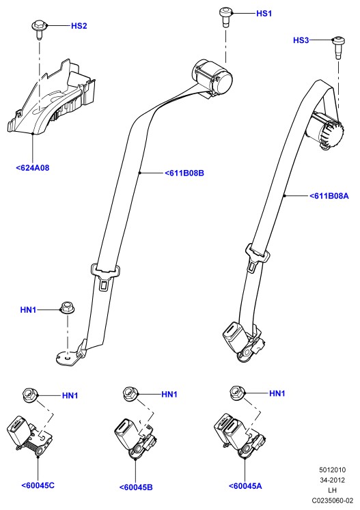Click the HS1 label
264,14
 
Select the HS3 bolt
338,48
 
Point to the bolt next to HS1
226,17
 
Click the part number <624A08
33,168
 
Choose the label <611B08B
184,173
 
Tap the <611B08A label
329,196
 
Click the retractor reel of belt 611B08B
213,77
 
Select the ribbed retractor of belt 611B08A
326,131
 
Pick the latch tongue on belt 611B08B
105,276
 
